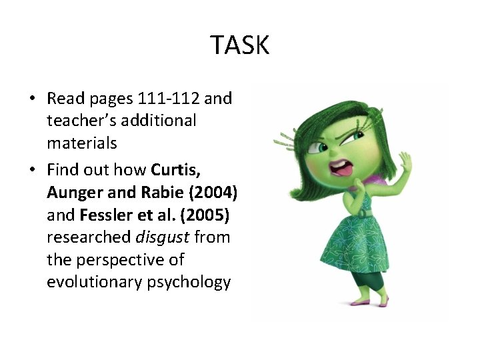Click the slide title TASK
coord(240,45)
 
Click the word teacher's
coord(80,121)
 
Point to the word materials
coord(82,143)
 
